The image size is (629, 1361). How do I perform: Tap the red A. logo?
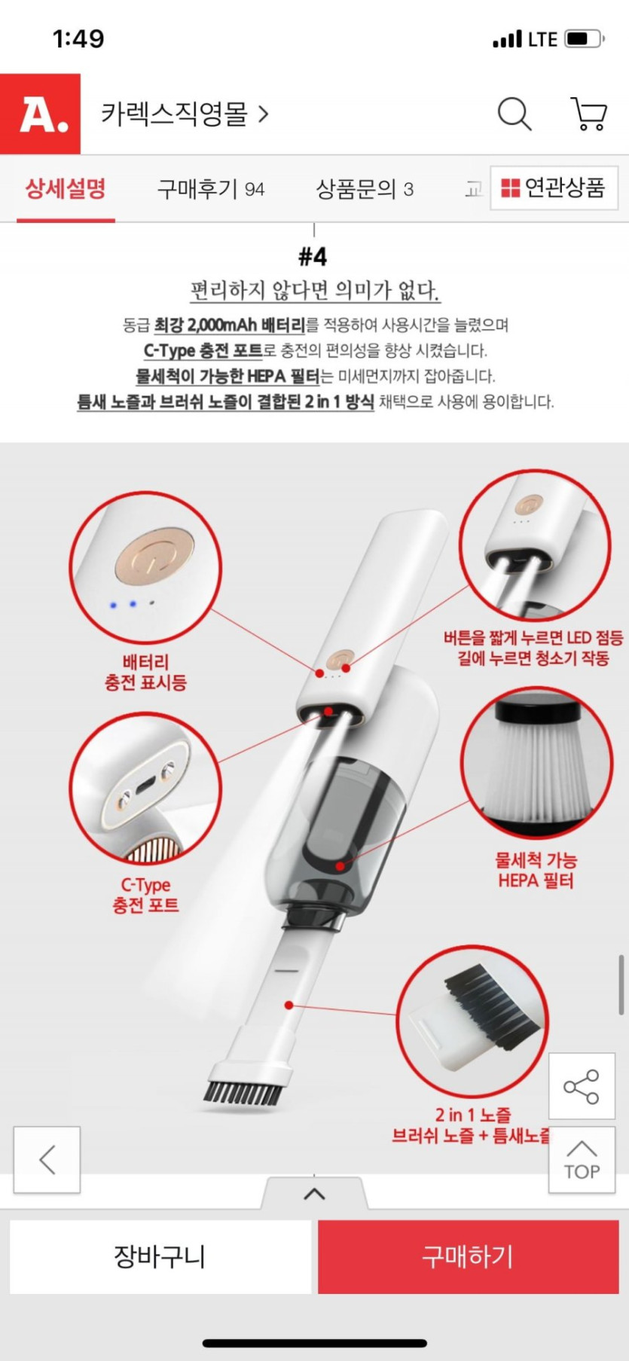pos(40,114)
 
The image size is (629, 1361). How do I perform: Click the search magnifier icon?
pos(514,114)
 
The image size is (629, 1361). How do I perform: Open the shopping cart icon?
pos(588,114)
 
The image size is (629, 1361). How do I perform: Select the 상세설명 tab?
pos(66,188)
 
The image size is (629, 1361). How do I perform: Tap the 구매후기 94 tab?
pos(211,188)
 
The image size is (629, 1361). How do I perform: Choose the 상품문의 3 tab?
pos(365,188)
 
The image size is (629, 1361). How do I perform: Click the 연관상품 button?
pos(554,188)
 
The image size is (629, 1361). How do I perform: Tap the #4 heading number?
pos(313,256)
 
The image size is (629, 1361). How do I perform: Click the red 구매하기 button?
pos(468,1257)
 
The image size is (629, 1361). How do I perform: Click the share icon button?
pos(582,1086)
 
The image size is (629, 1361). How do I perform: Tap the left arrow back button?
pos(47,1160)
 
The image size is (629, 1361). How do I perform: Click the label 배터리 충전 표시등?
pos(145,673)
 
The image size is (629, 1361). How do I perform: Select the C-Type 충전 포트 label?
pos(145,895)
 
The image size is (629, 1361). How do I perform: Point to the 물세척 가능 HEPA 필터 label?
pos(536,870)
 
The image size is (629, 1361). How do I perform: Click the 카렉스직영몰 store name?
pos(175,114)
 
